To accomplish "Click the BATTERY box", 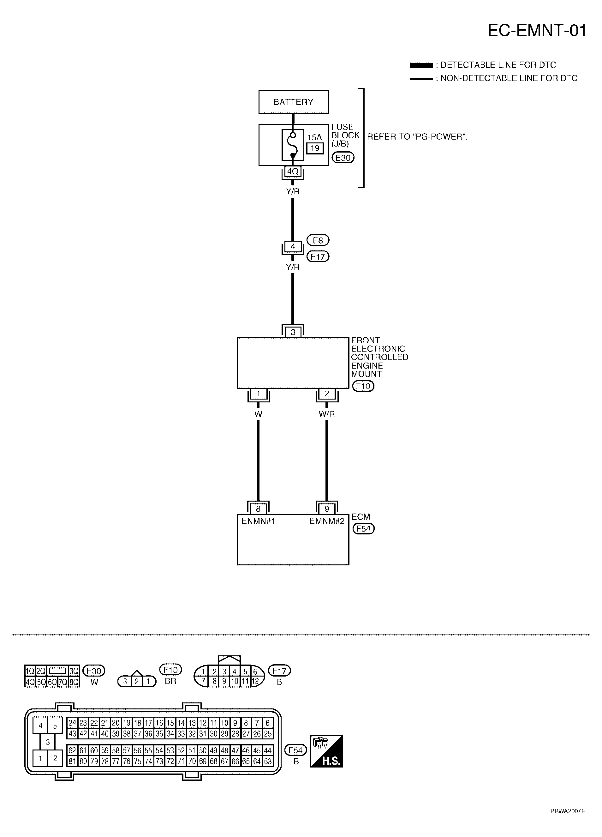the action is pyautogui.click(x=293, y=102).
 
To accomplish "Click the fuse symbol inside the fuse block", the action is pyautogui.click(x=293, y=145).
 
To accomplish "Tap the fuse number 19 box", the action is pyautogui.click(x=315, y=148).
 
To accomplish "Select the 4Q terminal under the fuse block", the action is pyautogui.click(x=293, y=171).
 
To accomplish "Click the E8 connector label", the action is pyautogui.click(x=318, y=241).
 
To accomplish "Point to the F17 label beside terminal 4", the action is pyautogui.click(x=318, y=256).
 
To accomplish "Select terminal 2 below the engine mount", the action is pyautogui.click(x=327, y=394).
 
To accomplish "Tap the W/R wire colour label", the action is pyautogui.click(x=327, y=414).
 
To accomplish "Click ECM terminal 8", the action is pyautogui.click(x=258, y=509).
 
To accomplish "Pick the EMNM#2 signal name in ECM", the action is pyautogui.click(x=327, y=521).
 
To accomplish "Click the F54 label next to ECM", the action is pyautogui.click(x=363, y=529).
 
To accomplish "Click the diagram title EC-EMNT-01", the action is pyautogui.click(x=537, y=31).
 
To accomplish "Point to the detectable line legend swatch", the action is pyautogui.click(x=421, y=65).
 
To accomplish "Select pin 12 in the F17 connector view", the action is pyautogui.click(x=255, y=681).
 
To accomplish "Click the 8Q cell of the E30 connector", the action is pyautogui.click(x=74, y=682).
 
